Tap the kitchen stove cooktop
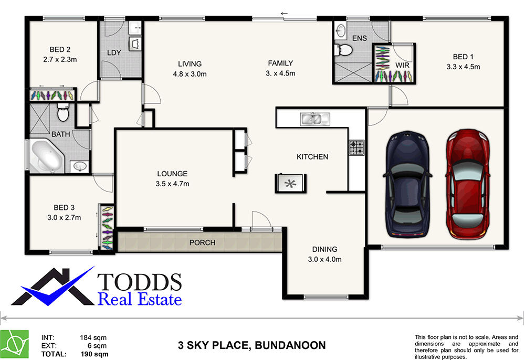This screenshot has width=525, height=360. pyautogui.click(x=357, y=147)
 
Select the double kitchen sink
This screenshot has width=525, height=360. pyautogui.click(x=314, y=119)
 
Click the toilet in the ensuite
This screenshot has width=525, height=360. pyautogui.click(x=344, y=50)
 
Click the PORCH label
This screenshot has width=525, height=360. pyautogui.click(x=203, y=242)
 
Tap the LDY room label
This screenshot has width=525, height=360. pyautogui.click(x=114, y=53)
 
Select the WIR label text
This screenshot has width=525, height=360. pyautogui.click(x=402, y=65)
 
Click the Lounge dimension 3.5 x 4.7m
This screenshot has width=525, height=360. pyautogui.click(x=172, y=184)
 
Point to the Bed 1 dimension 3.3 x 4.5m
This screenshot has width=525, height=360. pyautogui.click(x=463, y=67)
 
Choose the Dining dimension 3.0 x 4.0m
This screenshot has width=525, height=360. pyautogui.click(x=324, y=259)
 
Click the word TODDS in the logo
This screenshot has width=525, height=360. pyautogui.click(x=140, y=282)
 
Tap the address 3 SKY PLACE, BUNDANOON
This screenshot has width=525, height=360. pyautogui.click(x=251, y=345)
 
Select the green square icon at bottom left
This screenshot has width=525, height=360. pyautogui.click(x=14, y=344)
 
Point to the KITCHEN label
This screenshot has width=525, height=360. pyautogui.click(x=312, y=157)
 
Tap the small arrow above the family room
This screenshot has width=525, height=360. pyautogui.click(x=285, y=13)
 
